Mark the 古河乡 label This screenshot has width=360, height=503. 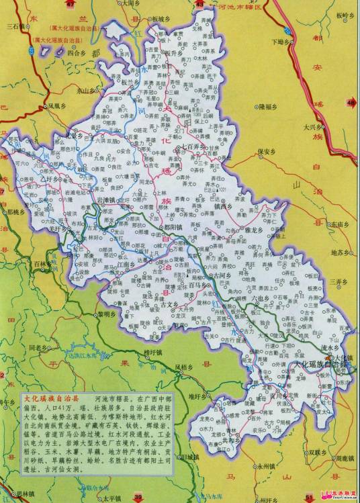click(222, 275)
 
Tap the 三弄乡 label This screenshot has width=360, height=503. click(340, 281)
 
